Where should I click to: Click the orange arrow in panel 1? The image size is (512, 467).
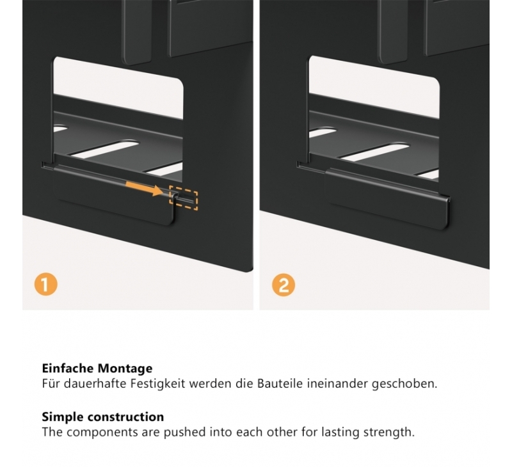coord(145,189)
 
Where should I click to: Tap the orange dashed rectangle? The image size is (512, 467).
coord(184,198)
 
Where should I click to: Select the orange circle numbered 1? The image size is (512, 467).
coord(45,284)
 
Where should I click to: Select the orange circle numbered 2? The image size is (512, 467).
coord(284,285)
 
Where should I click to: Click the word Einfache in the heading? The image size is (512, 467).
coord(68,368)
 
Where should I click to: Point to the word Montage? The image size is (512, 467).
coord(125,368)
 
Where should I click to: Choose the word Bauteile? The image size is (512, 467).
coord(280,383)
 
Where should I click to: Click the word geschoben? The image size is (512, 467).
coord(404,384)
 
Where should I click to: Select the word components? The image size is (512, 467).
coord(102,432)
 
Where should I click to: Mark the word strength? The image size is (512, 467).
coord(389,432)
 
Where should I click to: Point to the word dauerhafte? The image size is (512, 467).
coord(95,383)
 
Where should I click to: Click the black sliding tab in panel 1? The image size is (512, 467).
coord(114,196)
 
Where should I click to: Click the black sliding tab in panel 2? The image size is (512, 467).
coord(388,199)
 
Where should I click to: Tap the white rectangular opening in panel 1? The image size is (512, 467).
coord(118,88)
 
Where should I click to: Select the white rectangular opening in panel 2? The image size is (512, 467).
coord(374,86)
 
